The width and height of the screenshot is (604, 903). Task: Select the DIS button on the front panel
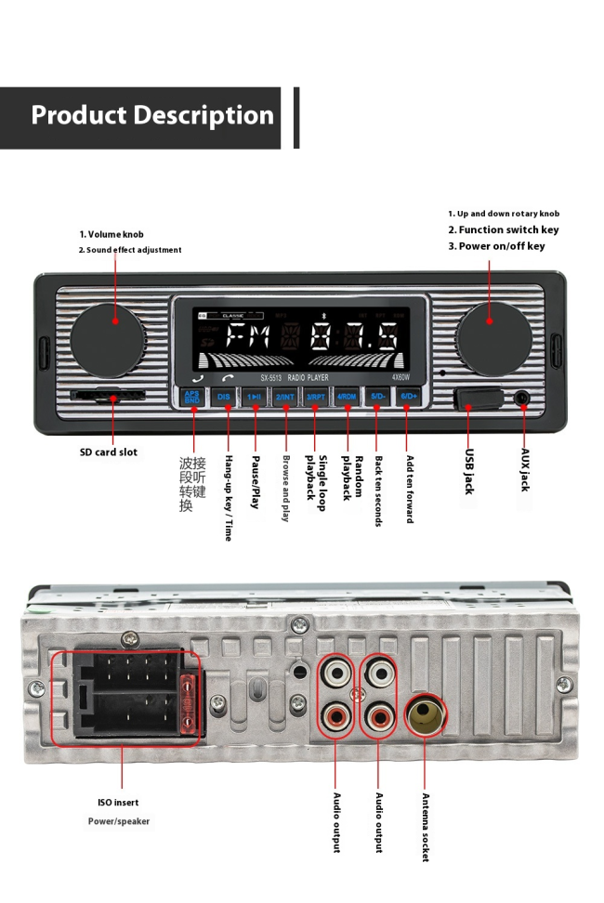click(224, 397)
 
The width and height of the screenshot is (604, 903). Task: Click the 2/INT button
click(285, 397)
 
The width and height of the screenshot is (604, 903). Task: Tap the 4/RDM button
click(347, 397)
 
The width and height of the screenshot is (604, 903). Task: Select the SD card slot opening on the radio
click(107, 397)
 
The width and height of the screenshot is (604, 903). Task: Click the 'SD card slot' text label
click(108, 452)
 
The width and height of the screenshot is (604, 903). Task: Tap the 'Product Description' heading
click(152, 116)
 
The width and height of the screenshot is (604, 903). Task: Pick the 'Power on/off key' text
click(496, 246)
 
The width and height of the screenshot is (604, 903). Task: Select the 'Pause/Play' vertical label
click(256, 482)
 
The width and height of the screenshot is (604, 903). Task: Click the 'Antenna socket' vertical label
click(426, 827)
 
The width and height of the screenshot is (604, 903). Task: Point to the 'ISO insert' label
click(118, 802)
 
